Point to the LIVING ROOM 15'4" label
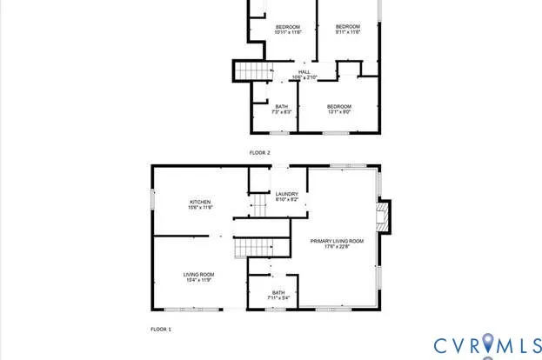[x=199, y=277]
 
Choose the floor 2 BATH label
[x=280, y=110]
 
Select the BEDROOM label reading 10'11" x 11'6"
[x=288, y=30]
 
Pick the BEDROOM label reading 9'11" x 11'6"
[x=348, y=30]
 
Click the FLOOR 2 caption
[x=260, y=153]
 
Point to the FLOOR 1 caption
[x=161, y=330]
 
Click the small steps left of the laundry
[x=258, y=205]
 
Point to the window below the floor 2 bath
[x=278, y=132]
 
